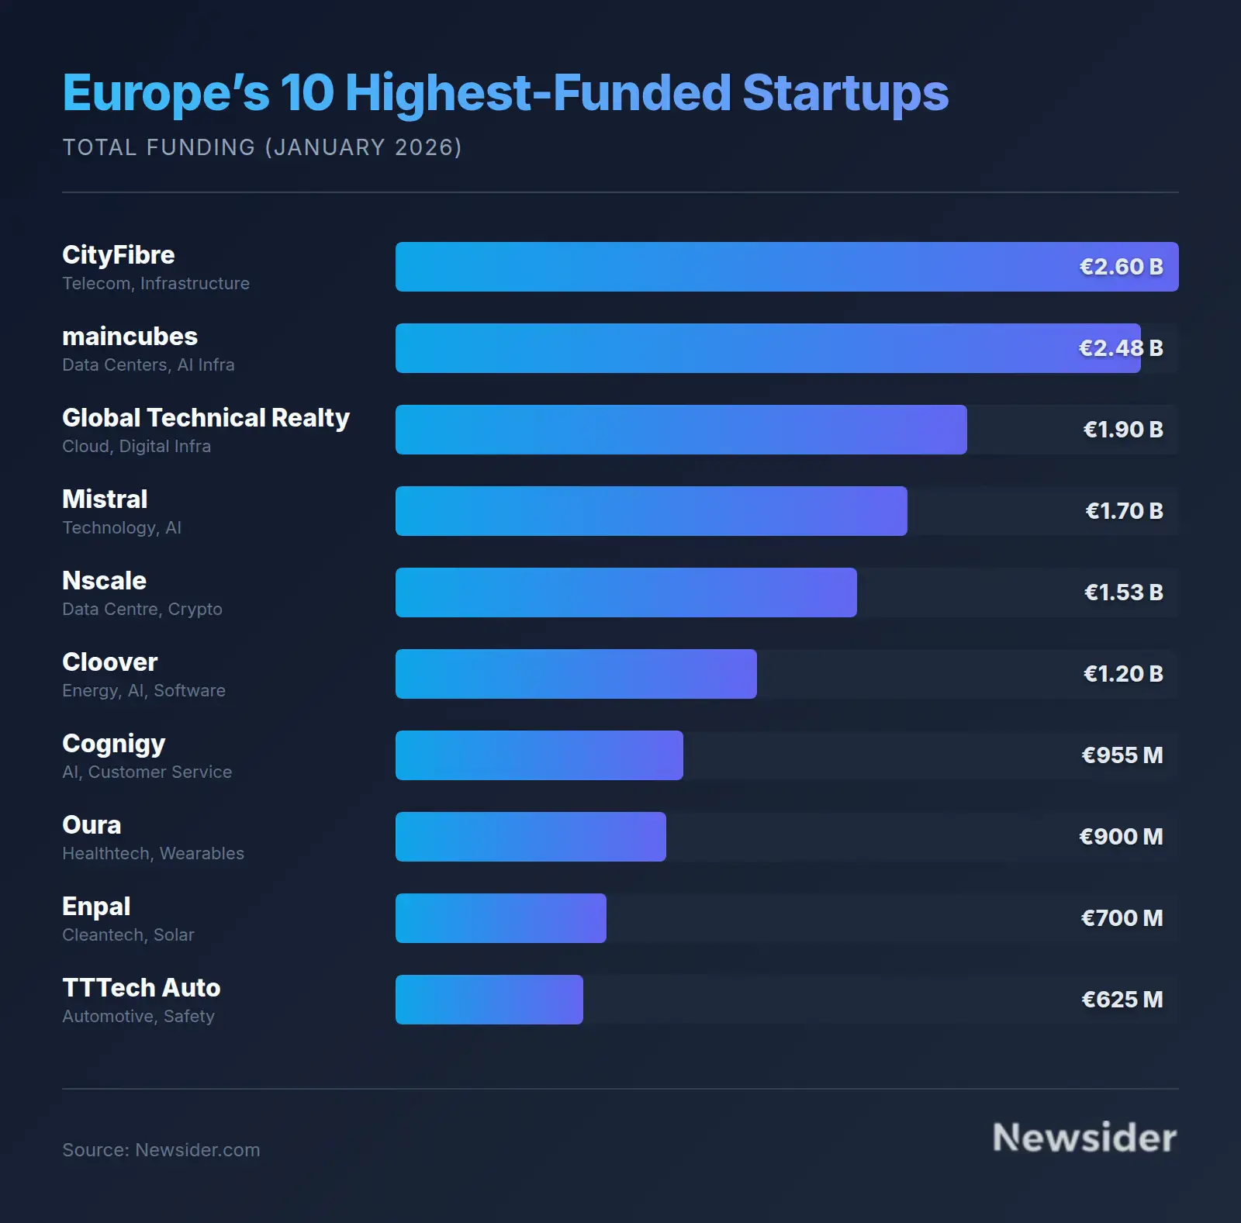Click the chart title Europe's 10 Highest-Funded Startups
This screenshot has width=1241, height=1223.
click(x=505, y=93)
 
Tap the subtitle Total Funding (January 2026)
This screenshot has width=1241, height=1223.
click(x=262, y=147)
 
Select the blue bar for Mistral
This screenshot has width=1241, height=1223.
click(x=651, y=511)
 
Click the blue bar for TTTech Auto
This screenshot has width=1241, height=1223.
click(x=489, y=1000)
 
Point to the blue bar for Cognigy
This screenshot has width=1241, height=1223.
click(x=539, y=755)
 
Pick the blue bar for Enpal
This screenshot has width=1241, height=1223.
click(x=500, y=918)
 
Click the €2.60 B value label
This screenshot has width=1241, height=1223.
click(x=1121, y=267)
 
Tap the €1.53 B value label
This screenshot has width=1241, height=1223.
click(x=1123, y=592)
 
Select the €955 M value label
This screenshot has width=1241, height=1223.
click(x=1122, y=755)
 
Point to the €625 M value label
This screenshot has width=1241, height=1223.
click(x=1122, y=1000)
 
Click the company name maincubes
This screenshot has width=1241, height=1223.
click(x=130, y=337)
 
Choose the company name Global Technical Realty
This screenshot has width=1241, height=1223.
click(x=206, y=418)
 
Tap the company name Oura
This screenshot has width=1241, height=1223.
click(x=92, y=825)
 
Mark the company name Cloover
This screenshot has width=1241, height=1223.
click(x=109, y=662)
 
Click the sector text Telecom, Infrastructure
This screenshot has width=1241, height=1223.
click(x=156, y=284)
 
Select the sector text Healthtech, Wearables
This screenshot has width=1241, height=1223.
click(x=153, y=854)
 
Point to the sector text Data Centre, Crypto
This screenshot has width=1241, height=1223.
click(x=142, y=610)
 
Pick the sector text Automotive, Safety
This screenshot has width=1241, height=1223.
click(x=138, y=1017)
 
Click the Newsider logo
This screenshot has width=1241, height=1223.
click(x=1084, y=1138)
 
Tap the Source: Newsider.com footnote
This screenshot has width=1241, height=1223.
click(x=161, y=1150)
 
